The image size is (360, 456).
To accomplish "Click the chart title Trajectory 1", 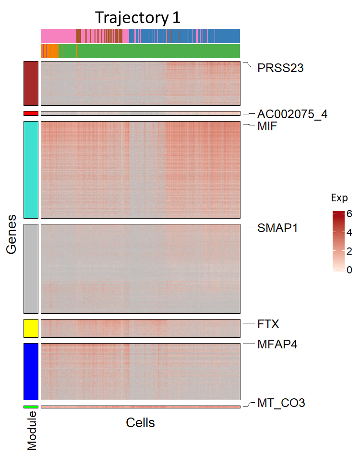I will [x=138, y=17].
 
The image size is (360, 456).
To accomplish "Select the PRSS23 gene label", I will [x=280, y=68].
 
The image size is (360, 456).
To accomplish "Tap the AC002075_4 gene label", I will [x=292, y=114].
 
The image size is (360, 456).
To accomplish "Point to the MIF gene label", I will [x=267, y=127].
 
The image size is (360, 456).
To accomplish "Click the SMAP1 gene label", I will [x=277, y=228].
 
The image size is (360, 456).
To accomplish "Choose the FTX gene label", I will [x=268, y=324].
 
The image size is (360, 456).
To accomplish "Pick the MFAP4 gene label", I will [x=277, y=344].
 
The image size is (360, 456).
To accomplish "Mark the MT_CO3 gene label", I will [x=281, y=403].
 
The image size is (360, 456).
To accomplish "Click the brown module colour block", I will [x=31, y=83].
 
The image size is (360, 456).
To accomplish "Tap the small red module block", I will [x=31, y=113].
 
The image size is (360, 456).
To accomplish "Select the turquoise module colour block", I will [x=31, y=170].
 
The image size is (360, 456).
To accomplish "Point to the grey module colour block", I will [x=31, y=268].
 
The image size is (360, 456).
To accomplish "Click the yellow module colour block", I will [x=31, y=328].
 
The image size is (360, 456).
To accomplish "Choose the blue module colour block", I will [x=31, y=371].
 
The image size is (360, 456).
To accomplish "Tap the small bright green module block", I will [x=31, y=407].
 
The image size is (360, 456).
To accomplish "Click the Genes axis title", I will [x=12, y=234].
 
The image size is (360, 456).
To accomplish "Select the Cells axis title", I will [x=140, y=422].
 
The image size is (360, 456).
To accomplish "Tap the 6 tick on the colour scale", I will [x=349, y=213].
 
